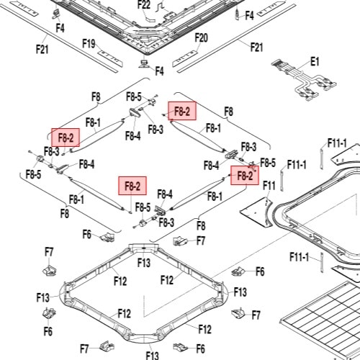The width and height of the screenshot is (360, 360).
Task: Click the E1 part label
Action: tap(315, 61)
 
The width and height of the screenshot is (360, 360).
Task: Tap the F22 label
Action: tap(144, 4)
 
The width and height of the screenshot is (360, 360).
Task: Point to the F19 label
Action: tap(89, 44)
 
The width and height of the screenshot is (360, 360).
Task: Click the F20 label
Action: tap(201, 38)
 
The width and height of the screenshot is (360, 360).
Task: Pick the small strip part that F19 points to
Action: tap(110, 58)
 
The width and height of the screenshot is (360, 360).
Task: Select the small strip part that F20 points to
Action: tap(185, 59)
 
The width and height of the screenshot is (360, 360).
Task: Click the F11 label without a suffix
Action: tap(269, 185)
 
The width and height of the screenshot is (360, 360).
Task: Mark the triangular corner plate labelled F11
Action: tap(257, 212)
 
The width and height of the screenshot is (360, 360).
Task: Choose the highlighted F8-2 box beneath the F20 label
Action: tap(182, 111)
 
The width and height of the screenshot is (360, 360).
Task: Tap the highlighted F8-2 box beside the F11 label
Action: tap(245, 176)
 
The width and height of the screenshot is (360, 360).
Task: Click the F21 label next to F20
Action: tap(256, 47)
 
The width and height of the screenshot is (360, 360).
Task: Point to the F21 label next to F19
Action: tap(42, 50)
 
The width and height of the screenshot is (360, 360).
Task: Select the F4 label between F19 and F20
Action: tap(159, 71)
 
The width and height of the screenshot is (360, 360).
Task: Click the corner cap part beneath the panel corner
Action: tap(144, 64)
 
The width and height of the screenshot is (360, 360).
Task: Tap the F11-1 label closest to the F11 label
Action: tap(297, 165)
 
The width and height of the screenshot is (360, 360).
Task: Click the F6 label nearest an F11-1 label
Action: tap(260, 271)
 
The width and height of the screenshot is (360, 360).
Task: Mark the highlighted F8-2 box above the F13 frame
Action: tap(132, 186)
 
